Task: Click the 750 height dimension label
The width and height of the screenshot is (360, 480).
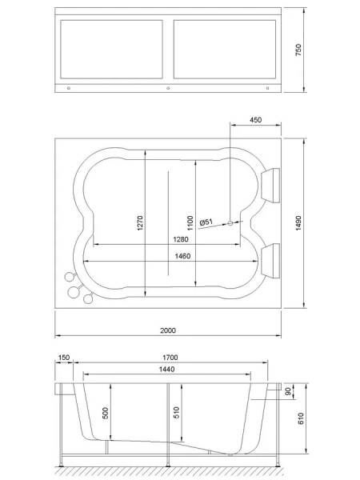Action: coord(298,50)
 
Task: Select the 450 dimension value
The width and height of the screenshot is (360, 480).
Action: coord(255,120)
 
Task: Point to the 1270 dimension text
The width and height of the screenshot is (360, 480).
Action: coord(139,224)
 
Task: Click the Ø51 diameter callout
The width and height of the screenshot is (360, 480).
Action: coord(205,222)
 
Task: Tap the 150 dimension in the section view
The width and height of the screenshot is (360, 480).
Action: coord(64,358)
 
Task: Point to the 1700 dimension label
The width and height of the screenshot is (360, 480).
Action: coord(170,358)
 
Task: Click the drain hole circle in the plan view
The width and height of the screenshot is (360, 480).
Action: coord(230,223)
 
